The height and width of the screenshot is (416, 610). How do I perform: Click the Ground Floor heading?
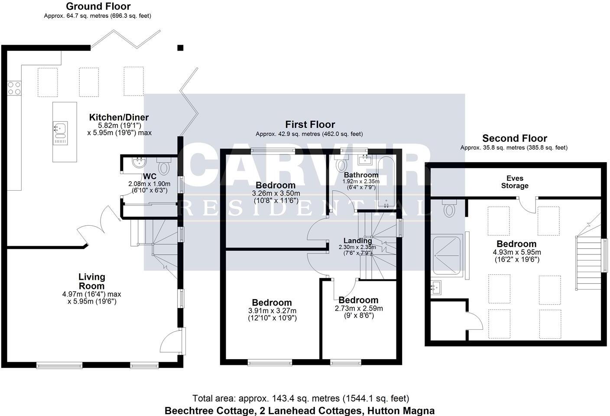tap(98, 6)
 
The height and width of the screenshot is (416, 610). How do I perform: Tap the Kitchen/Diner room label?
tap(119, 117)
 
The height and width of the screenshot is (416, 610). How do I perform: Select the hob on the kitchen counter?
tap(14, 88)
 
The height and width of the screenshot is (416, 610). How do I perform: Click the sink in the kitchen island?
tap(60, 129)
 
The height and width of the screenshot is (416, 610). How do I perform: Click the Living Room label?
tap(91, 281)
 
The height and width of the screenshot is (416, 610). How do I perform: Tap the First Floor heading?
tap(310, 125)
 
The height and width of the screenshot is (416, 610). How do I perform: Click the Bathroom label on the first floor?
tap(361, 175)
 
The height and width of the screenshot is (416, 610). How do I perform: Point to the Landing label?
tap(357, 241)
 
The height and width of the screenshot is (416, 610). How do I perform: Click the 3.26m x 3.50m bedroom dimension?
tap(276, 193)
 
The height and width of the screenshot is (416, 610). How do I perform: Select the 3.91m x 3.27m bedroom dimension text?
tap(272, 311)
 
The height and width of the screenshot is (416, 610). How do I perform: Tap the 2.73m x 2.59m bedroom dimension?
tap(358, 309)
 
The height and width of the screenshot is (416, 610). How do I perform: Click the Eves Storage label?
tap(515, 182)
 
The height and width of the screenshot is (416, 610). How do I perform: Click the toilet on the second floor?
tap(449, 210)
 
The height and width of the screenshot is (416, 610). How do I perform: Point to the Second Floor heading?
tap(514, 139)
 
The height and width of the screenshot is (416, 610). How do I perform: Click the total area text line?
tap(300, 398)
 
